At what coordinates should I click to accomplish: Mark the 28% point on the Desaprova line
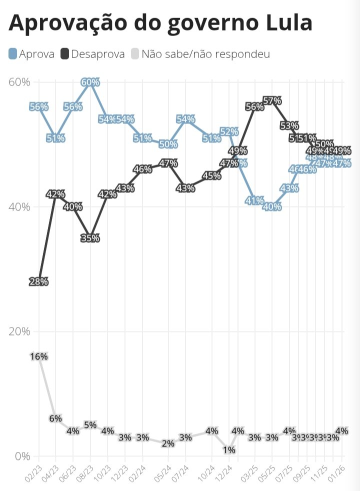(38, 281)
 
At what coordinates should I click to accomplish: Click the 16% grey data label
(38, 356)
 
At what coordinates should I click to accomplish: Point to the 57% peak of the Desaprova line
(272, 100)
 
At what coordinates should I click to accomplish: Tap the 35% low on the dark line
(90, 238)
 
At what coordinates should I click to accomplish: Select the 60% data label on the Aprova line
(90, 82)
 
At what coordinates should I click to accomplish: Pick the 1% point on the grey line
(229, 449)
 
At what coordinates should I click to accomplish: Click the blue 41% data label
(254, 200)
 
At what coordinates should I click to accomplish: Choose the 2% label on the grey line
(168, 443)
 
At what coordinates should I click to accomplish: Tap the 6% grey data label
(55, 418)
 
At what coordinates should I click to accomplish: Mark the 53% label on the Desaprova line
(289, 125)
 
